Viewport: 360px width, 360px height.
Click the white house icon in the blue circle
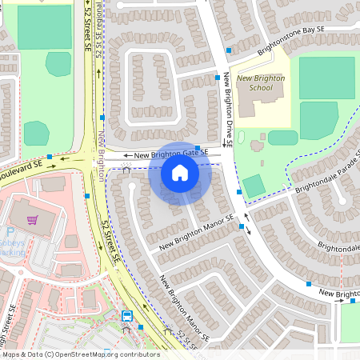(x=180, y=173)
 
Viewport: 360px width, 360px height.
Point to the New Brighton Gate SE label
(x=171, y=154)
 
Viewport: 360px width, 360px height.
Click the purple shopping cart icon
(x=32, y=219)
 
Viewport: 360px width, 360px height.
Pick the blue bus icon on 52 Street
(x=127, y=315)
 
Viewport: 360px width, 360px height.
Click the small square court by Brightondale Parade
(x=254, y=186)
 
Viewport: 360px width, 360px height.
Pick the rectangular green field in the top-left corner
(x=44, y=26)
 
